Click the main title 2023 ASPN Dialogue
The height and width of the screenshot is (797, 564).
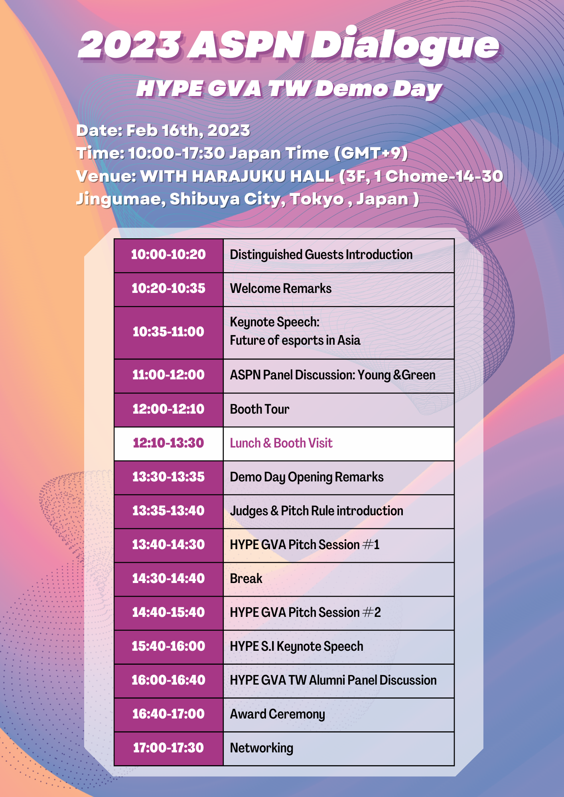pos(289,45)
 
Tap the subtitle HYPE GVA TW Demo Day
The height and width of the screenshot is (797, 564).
pos(289,88)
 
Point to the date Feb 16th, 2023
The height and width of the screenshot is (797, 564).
pos(188,131)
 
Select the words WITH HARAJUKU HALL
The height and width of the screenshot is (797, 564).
pos(237,176)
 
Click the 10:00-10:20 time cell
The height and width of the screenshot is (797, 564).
pos(168,255)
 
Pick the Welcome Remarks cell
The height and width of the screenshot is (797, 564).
pos(339,289)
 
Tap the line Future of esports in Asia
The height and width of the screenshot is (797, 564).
pos(295,340)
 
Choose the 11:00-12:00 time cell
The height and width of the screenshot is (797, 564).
pos(168,376)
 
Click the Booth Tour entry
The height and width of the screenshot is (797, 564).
pos(260,409)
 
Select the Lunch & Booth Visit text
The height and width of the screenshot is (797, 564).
pos(281,443)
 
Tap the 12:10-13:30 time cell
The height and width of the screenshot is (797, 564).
pos(168,444)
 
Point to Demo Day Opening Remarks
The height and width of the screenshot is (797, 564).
pos(307,477)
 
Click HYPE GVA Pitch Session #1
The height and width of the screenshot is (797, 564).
pos(305,545)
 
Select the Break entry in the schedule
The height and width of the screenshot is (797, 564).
pos(246,579)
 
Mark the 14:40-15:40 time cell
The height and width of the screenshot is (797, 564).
pos(168,613)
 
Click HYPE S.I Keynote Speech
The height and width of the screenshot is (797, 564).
pos(296,647)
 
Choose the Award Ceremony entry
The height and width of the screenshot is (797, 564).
pos(278,715)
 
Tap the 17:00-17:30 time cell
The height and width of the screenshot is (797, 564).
pos(168,748)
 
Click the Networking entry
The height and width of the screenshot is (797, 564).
pos(262,748)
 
